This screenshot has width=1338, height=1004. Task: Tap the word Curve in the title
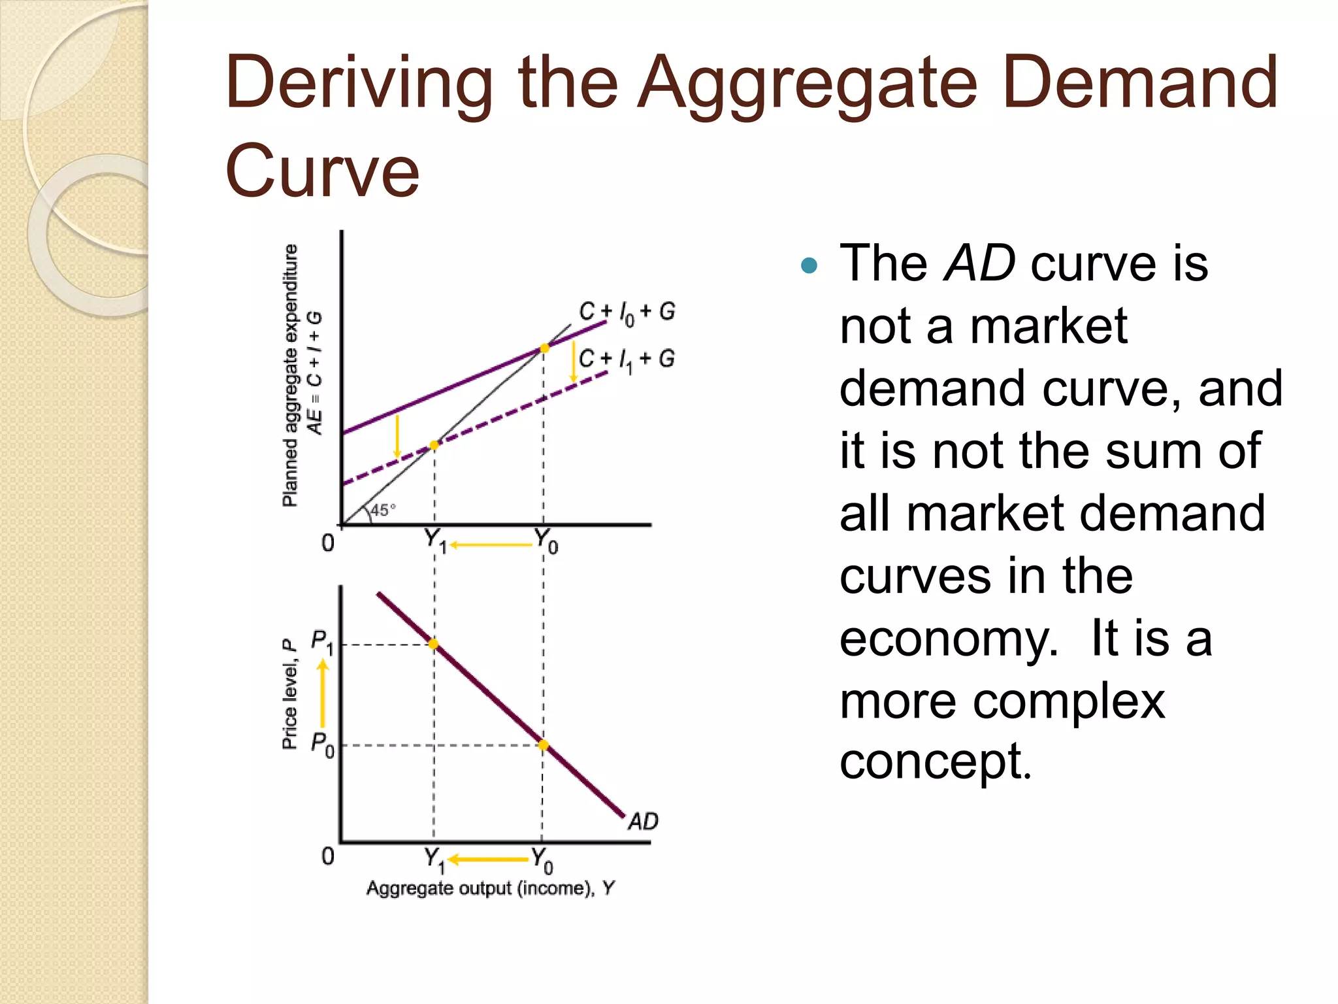pos(321,171)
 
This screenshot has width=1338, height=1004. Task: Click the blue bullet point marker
pos(809,265)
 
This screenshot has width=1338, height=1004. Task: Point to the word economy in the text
pos(948,639)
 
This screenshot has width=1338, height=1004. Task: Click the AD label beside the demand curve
pos(643,821)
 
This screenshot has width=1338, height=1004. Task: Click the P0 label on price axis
pos(321,744)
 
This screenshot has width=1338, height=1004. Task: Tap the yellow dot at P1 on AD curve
pos(434,644)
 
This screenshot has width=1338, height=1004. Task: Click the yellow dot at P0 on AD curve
pos(543,745)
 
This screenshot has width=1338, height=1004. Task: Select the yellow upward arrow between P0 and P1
pos(323,693)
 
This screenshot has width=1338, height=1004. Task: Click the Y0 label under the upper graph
pos(546,541)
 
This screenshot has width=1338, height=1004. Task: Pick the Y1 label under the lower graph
pos(434,860)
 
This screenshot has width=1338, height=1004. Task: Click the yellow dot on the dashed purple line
pos(434,445)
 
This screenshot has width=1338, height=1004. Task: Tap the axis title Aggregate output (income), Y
pos(490,888)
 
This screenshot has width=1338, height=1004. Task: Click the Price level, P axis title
pos(289,694)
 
